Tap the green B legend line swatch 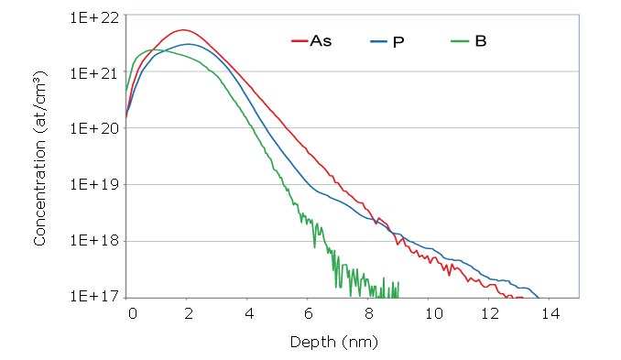[x=463, y=41]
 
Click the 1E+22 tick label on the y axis [x=95, y=16]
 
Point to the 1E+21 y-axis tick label [x=95, y=72]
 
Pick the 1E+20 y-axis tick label [x=95, y=128]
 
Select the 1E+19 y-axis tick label [x=95, y=185]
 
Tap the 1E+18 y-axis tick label [x=95, y=241]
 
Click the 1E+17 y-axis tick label [x=95, y=297]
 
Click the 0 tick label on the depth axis [x=132, y=313]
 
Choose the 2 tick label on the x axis [x=189, y=313]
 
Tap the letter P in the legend [x=398, y=41]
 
